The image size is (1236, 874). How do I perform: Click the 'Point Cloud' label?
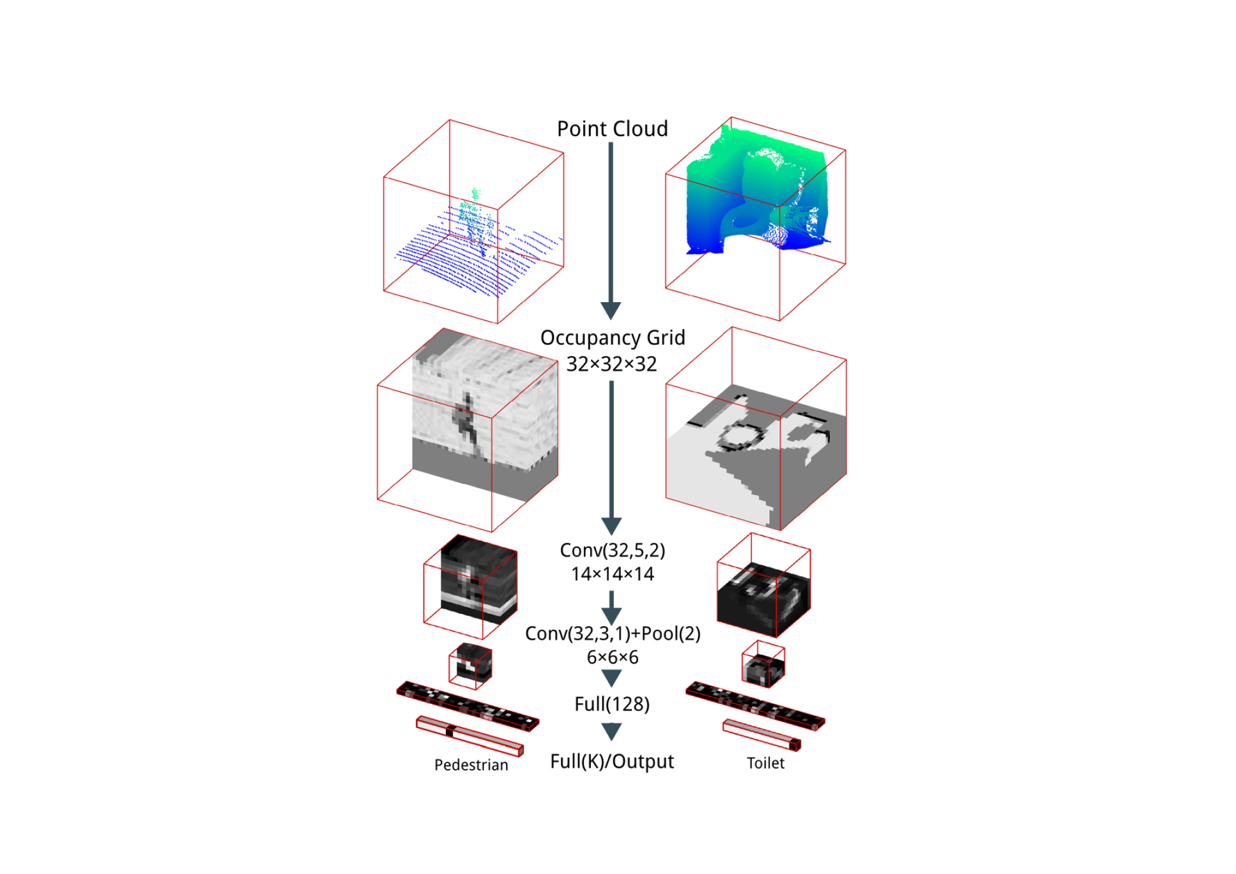[612, 129]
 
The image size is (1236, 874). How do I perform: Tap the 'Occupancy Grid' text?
[613, 338]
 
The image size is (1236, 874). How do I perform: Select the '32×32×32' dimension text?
[612, 364]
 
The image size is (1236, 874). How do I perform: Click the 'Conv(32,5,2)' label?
[613, 551]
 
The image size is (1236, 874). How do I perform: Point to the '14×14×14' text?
[613, 574]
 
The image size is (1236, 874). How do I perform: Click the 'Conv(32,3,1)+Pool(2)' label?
[613, 634]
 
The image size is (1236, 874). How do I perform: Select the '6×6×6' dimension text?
[613, 658]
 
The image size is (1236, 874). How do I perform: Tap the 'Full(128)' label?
[612, 705]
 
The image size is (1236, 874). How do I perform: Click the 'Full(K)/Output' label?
[612, 761]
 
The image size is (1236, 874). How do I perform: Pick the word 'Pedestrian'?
[471, 765]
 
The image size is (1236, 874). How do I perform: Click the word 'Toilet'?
[766, 763]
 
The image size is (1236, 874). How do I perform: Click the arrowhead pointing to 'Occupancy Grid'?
[611, 310]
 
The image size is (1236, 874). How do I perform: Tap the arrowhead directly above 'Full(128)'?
[612, 678]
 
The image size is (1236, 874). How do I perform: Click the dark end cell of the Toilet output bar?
[795, 745]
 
